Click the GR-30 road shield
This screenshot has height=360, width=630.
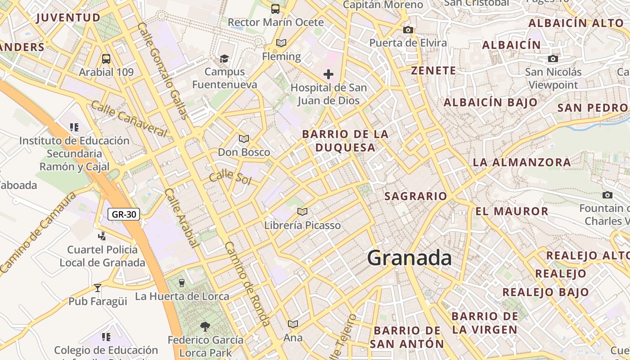tap(124, 214)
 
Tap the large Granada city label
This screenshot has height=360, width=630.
tap(409, 258)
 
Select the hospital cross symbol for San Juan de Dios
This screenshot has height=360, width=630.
tap(328, 74)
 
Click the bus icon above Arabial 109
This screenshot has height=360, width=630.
tap(106, 58)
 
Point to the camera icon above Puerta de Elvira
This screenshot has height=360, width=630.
tap(408, 30)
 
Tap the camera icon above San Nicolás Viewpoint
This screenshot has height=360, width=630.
tap(553, 58)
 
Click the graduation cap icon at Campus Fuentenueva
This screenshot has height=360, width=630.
tap(224, 58)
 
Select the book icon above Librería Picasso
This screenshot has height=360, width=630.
tap(302, 211)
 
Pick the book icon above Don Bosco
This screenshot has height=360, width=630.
tap(244, 139)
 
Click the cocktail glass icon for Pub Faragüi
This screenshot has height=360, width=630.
tap(98, 288)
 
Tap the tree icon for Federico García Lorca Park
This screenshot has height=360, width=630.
tap(205, 326)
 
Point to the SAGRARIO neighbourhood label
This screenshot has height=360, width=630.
tap(416, 196)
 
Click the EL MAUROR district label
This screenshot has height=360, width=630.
tap(512, 211)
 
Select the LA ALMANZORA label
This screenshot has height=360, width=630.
tap(522, 162)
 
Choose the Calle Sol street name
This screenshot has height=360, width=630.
tap(230, 177)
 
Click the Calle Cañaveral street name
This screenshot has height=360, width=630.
tap(129, 119)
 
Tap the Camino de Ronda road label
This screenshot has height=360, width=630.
tap(247, 283)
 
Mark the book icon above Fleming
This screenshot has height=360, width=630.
tap(281, 43)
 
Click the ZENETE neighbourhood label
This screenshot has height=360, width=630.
tap(434, 71)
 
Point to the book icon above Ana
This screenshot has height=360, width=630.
tap(293, 324)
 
